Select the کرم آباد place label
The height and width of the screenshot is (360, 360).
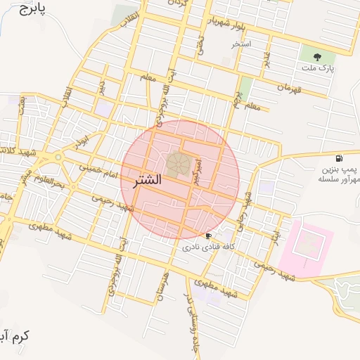point(14,337)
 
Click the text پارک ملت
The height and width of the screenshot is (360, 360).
point(319,68)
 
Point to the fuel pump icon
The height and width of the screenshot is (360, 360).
point(340,158)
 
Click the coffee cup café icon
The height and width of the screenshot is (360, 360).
point(208,236)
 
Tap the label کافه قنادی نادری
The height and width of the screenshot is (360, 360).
point(208,247)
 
